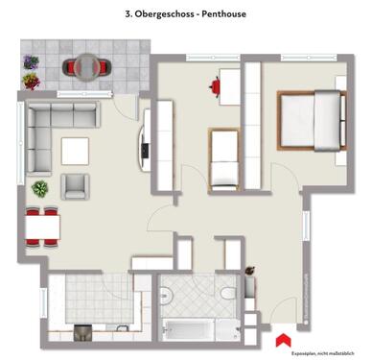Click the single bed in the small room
[x=224, y=159]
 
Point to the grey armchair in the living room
[x=77, y=184]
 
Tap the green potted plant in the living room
[x=41, y=188]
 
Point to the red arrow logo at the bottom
[x=281, y=339]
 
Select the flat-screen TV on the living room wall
[x=146, y=150]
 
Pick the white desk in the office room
[x=229, y=85]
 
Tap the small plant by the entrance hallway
[x=250, y=273]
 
